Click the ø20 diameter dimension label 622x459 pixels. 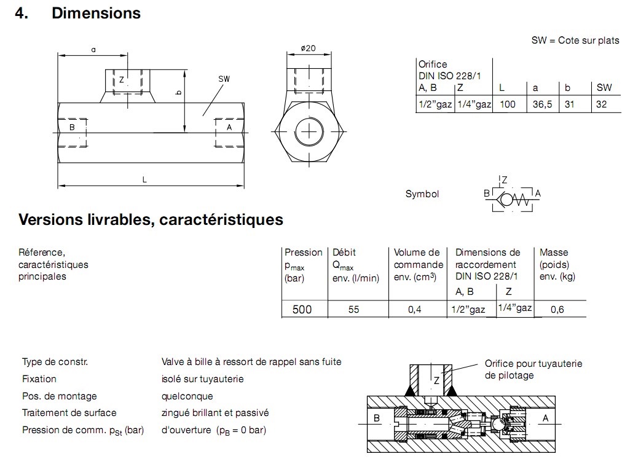pos(308,49)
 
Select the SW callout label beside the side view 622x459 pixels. pos(224,79)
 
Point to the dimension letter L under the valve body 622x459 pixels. pos(144,179)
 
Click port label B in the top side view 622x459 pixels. pos(72,127)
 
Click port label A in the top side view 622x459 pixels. pos(229,127)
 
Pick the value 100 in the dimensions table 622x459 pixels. pos(507,104)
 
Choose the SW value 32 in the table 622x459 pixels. pos(601,104)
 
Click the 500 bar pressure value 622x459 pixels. pos(302,309)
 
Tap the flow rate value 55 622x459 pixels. pos(353,310)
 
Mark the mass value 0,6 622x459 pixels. pos(557,310)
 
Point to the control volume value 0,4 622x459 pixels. pos(415,310)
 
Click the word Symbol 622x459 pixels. pos(422,194)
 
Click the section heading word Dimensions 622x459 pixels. pos(96,13)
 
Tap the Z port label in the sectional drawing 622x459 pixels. pos(436,380)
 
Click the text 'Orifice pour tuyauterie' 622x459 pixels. pos(533,364)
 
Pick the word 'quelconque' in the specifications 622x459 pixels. pos(187,396)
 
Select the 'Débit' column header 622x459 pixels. pos(344,252)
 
